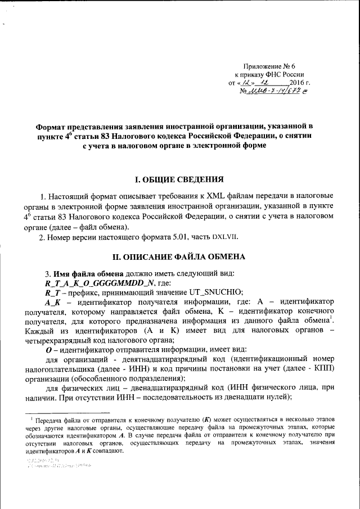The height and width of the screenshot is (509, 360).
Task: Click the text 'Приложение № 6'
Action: click(x=272, y=66)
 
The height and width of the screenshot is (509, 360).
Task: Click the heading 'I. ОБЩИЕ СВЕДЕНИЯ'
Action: click(x=180, y=180)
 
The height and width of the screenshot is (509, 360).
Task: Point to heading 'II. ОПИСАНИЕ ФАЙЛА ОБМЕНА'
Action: click(x=179, y=256)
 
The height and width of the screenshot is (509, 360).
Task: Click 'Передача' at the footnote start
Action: click(x=49, y=421)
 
